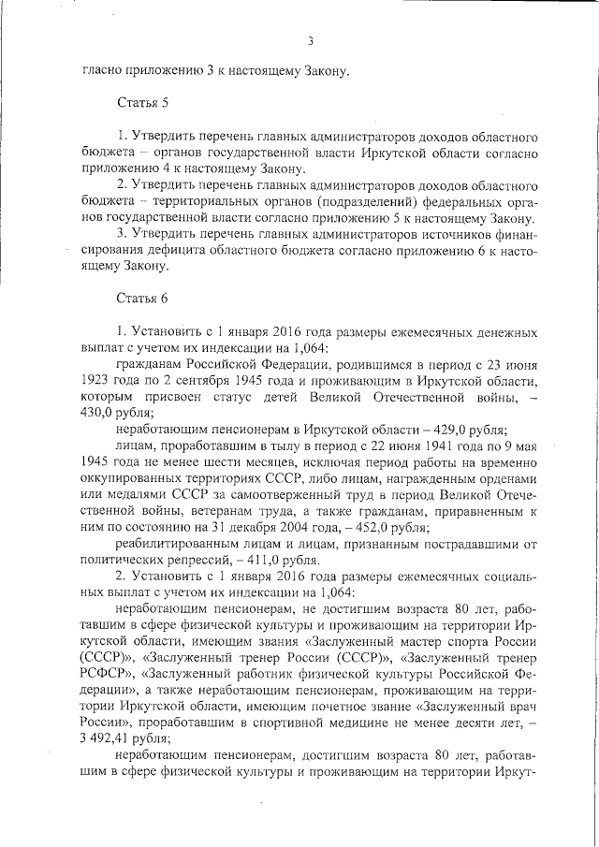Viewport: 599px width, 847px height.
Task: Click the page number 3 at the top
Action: [x=309, y=39]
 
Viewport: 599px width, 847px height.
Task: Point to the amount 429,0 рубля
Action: [x=443, y=429]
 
